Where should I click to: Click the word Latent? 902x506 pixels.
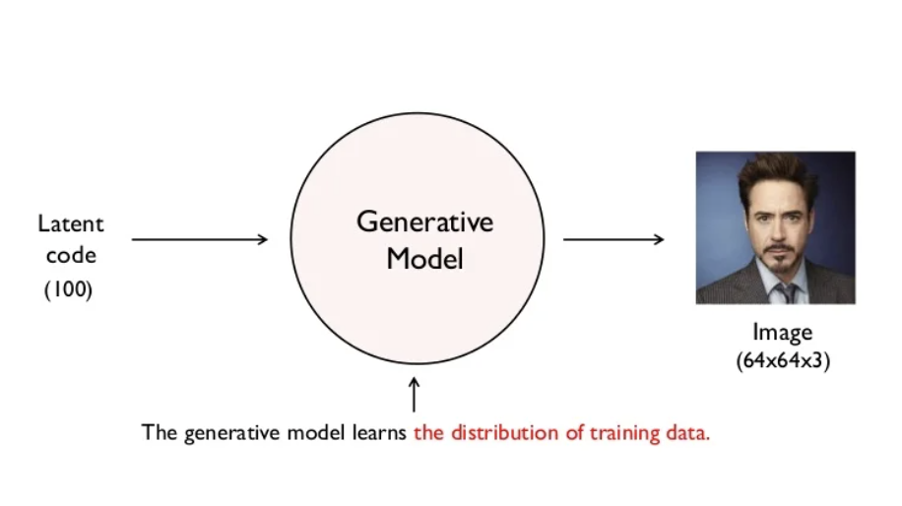[x=70, y=223]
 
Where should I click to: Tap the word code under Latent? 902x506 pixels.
[x=70, y=256]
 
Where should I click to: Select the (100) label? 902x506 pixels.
[x=68, y=290]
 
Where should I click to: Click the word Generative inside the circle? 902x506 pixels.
[x=424, y=221]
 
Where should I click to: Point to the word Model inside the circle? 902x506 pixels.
[x=424, y=259]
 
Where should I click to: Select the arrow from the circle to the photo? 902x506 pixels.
[x=613, y=239]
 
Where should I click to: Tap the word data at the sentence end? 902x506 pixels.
[x=689, y=432]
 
